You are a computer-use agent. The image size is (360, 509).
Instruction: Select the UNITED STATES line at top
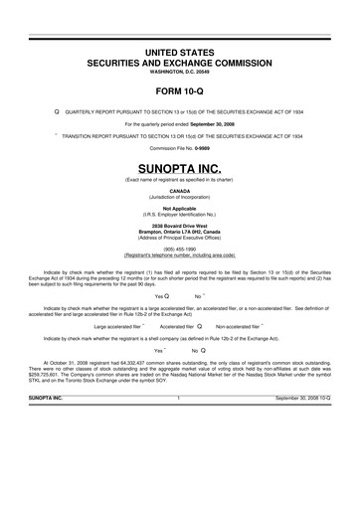180,51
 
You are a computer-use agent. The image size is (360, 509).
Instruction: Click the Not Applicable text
180,208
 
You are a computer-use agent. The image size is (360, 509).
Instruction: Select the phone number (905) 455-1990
180,250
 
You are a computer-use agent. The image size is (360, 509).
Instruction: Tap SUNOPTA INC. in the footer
46,399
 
